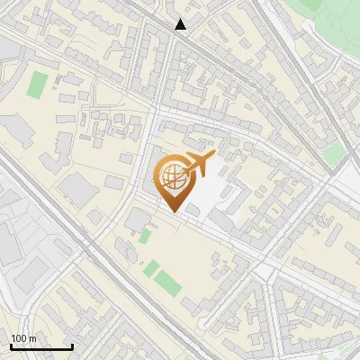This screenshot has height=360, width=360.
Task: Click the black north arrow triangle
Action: (x=181, y=24)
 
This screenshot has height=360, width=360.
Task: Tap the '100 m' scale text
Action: (x=23, y=338)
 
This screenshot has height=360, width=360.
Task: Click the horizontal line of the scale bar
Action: (x=41, y=347)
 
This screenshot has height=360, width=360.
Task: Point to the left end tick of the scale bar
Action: (x=11, y=346)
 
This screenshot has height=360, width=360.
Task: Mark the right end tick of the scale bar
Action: (x=72, y=346)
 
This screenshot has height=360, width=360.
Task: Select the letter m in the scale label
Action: (x=32, y=338)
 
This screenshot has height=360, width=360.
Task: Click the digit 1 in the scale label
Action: (x=14, y=338)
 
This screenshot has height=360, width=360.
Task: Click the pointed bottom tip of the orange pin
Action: (x=171, y=211)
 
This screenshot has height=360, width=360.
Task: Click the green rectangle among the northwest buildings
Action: (x=37, y=85)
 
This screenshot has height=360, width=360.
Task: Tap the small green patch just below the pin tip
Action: (x=145, y=236)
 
